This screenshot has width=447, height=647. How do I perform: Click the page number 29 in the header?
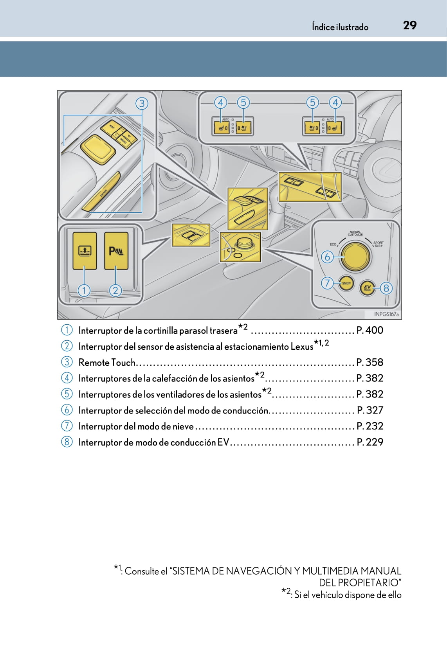pos(410,25)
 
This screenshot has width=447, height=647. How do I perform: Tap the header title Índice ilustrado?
pos(340,27)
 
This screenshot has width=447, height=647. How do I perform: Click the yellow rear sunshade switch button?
pos(85,251)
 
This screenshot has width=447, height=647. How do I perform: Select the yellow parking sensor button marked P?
pos(116,251)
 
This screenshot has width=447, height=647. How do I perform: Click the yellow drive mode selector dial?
pos(355,257)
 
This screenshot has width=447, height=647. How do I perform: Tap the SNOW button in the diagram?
pos(346,283)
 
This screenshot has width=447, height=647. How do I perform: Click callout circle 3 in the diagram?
pos(142,103)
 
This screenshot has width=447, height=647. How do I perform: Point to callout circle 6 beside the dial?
pos(327,257)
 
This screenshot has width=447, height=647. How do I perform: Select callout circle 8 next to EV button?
pos(386,288)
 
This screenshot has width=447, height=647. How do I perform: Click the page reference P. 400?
pos(370,330)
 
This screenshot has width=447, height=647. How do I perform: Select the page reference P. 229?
pos(370,442)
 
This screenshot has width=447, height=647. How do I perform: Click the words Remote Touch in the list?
pos(107,362)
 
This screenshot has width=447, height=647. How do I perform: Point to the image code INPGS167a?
pos(386,314)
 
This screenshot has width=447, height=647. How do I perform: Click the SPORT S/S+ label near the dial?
pos(379,244)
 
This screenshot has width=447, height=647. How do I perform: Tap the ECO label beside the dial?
pos(333,244)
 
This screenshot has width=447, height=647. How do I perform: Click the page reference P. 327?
pos(370,410)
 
